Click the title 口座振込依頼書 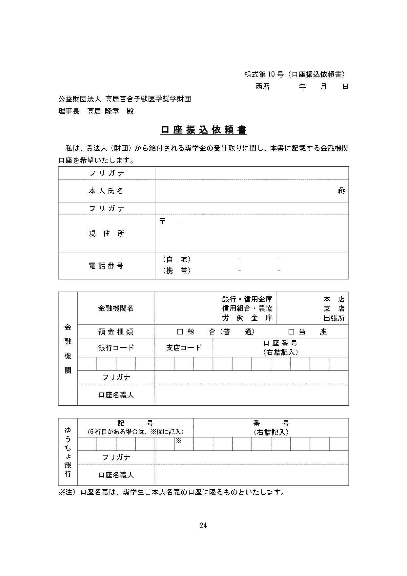click(x=203, y=130)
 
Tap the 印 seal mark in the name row click(x=341, y=191)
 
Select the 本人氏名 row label click(x=106, y=191)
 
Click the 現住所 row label click(x=106, y=234)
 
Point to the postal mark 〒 click(x=162, y=221)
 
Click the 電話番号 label click(x=106, y=266)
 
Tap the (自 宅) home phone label click(x=176, y=259)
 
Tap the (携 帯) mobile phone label click(x=176, y=270)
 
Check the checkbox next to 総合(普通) click(x=180, y=331)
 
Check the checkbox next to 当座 click(x=291, y=331)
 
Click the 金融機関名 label click(x=116, y=308)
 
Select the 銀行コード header click(x=116, y=348)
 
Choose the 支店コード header click(x=184, y=348)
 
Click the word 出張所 click(x=334, y=318)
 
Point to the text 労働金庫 click(x=247, y=318)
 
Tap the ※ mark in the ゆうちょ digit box click(x=178, y=441)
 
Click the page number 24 click(x=203, y=525)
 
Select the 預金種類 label click(x=116, y=331)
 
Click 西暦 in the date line click(x=262, y=87)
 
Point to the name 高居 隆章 click(x=103, y=111)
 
